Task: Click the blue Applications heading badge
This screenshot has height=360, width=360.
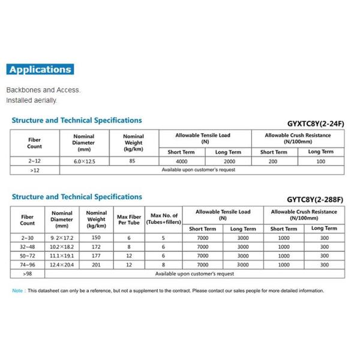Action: coord(40,70)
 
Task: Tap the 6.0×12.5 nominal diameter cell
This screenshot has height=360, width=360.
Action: coord(83,161)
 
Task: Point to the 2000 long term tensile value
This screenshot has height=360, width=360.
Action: coord(229,161)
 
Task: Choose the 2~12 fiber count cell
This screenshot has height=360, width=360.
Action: coord(34,161)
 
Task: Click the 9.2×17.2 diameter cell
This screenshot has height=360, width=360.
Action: coord(62,238)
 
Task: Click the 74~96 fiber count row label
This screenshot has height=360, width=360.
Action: coord(28,265)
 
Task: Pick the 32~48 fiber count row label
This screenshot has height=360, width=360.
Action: coord(28,247)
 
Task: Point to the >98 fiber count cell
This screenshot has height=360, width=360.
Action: coord(28,274)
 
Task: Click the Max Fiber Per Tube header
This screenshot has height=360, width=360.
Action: coord(128,218)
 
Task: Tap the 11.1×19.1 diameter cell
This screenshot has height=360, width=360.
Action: coord(62,256)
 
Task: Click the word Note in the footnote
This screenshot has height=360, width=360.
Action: coord(17,291)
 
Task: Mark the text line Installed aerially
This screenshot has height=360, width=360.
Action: coord(32,101)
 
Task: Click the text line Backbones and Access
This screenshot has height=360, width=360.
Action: coord(43,90)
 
